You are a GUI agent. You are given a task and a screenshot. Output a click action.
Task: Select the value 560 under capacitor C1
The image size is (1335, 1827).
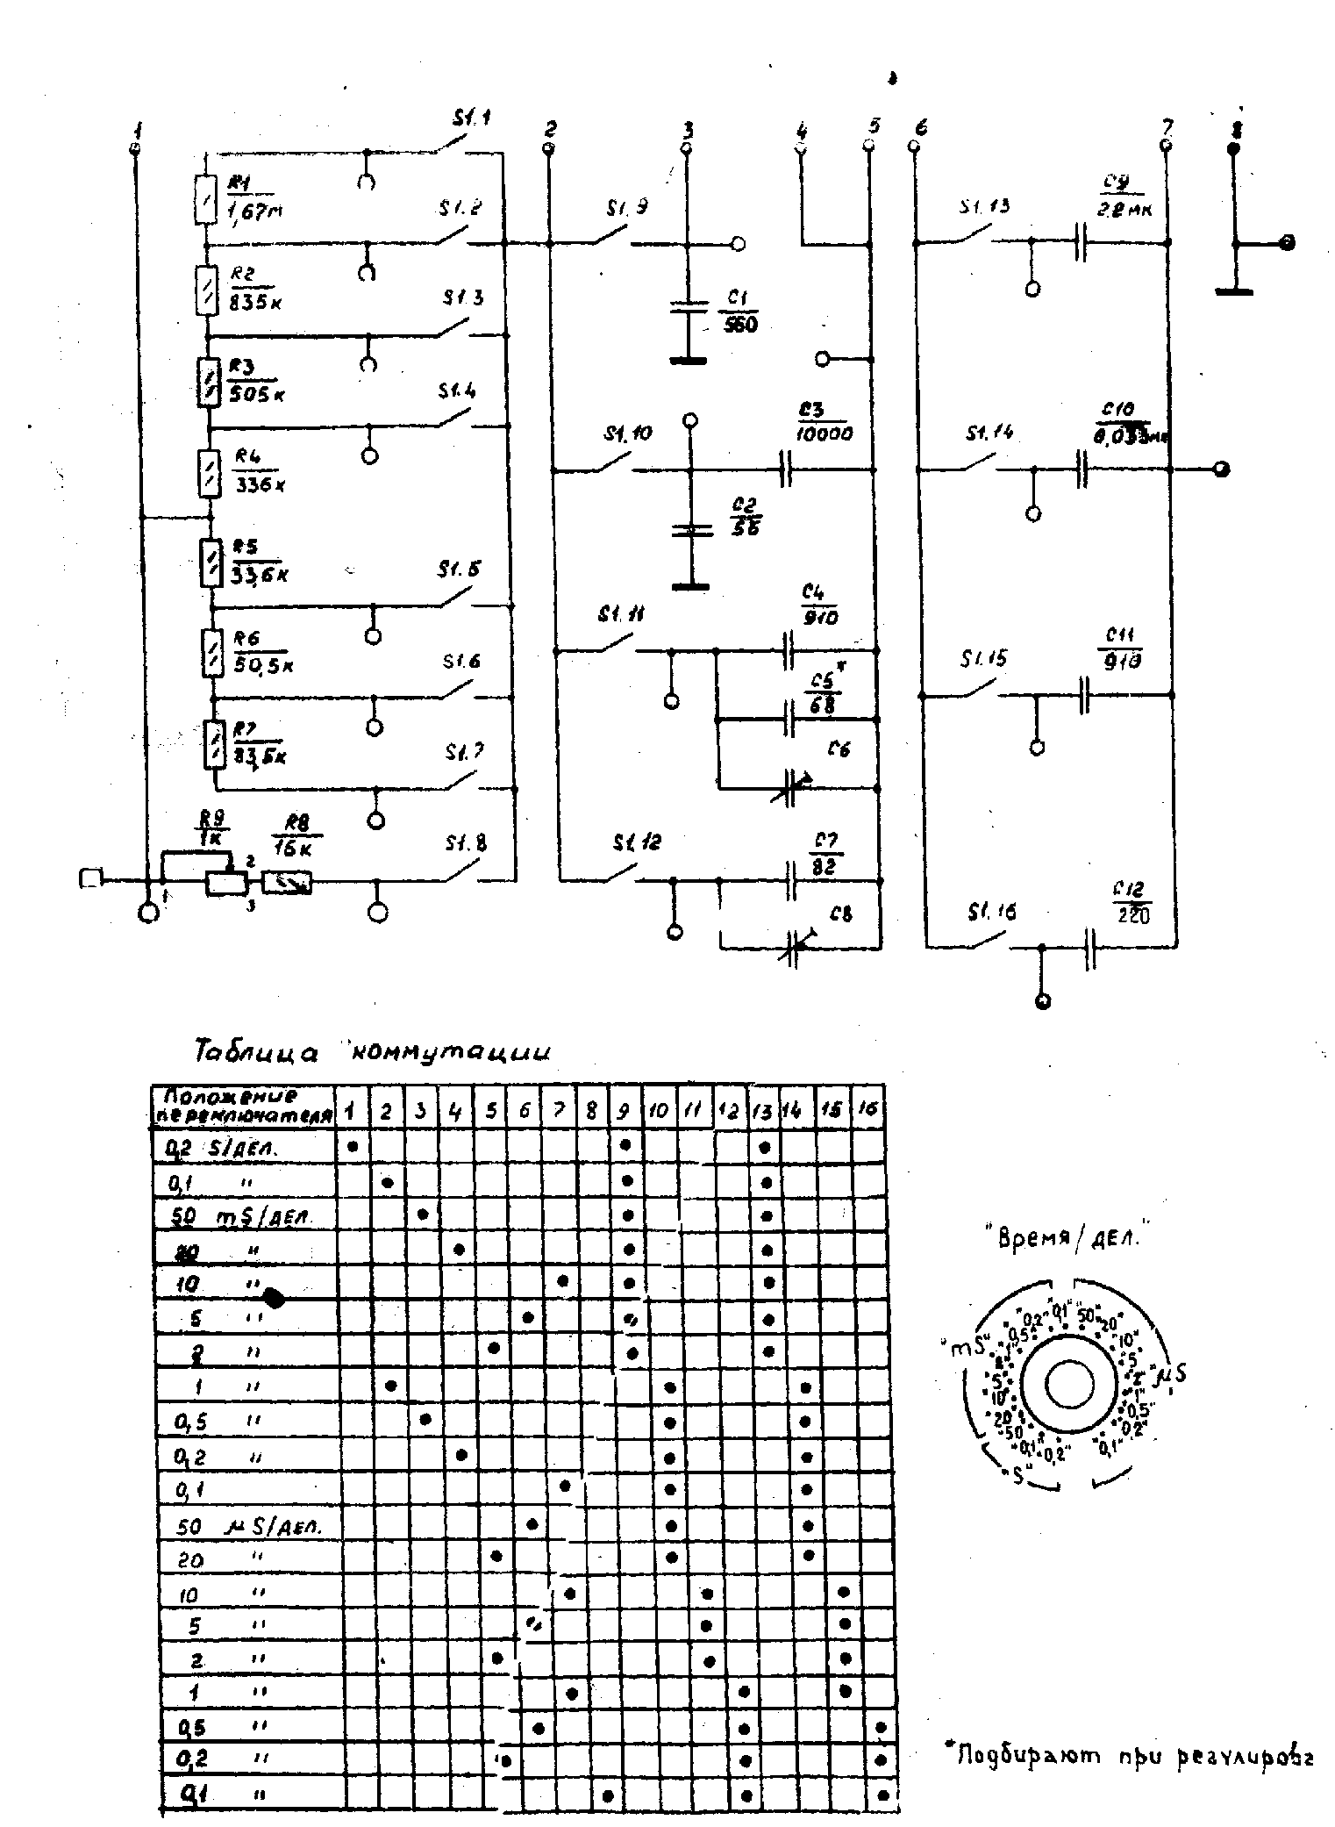(741, 325)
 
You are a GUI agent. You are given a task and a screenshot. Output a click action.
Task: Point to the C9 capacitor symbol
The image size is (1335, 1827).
(1081, 242)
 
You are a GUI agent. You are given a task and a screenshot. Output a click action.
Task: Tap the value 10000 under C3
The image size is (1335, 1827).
(825, 433)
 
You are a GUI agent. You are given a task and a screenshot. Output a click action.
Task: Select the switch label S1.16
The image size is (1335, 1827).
(992, 913)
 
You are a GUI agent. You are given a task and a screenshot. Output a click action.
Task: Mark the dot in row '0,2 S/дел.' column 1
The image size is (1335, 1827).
(353, 1146)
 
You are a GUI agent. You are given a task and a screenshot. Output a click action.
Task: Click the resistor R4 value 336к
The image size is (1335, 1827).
(258, 484)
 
